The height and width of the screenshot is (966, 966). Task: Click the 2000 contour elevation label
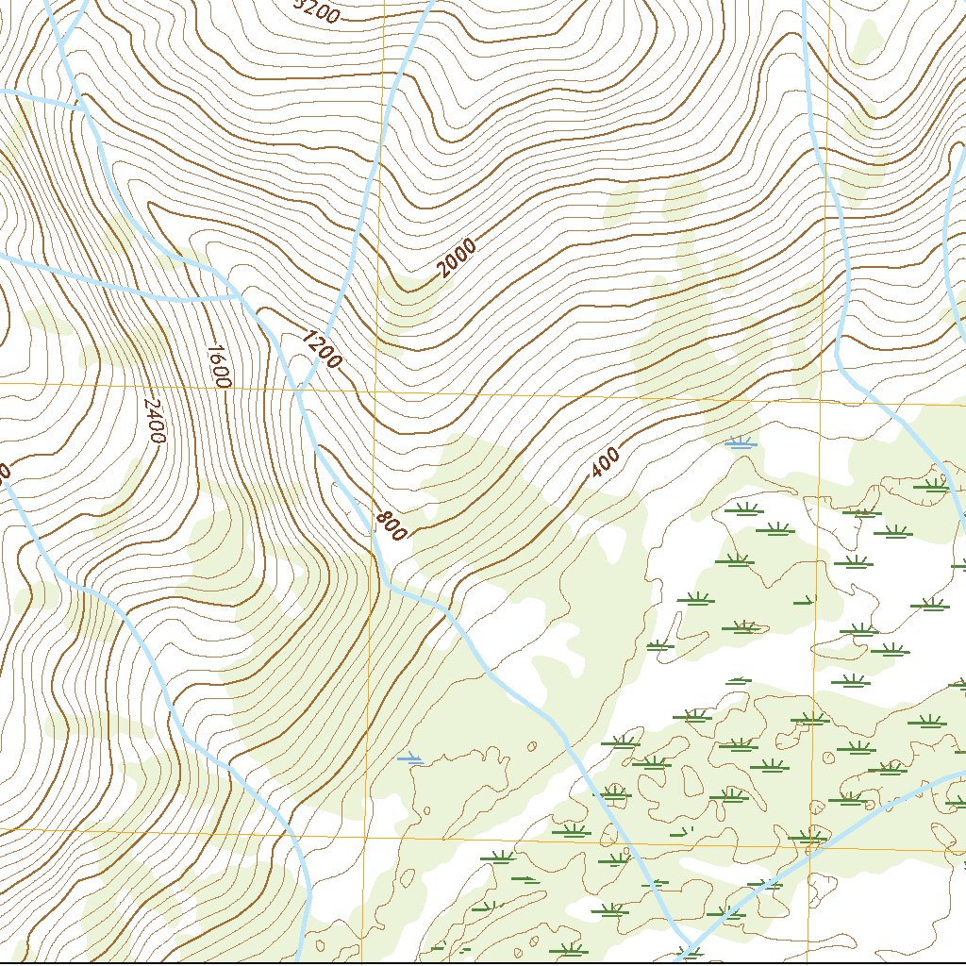click(x=458, y=259)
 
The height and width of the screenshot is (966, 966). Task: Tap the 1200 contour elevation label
click(x=323, y=348)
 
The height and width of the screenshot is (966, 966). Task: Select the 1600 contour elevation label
click(x=217, y=365)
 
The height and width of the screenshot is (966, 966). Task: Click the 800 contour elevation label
click(x=391, y=525)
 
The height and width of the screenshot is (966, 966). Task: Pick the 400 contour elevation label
click(x=606, y=462)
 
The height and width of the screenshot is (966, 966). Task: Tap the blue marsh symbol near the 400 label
click(x=741, y=441)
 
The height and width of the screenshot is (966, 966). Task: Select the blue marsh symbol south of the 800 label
click(x=410, y=758)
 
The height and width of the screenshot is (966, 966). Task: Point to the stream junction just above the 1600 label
click(x=239, y=295)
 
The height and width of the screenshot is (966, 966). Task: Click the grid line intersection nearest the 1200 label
click(x=374, y=390)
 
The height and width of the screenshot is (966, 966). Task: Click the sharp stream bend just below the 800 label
click(x=388, y=585)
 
